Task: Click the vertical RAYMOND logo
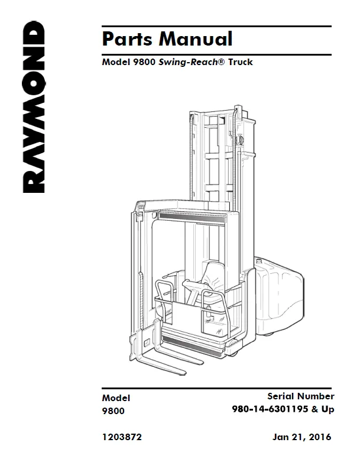34,107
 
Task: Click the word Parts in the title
128,39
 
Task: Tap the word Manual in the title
196,39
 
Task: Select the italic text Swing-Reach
188,62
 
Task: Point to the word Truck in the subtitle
241,62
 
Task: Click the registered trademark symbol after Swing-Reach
222,62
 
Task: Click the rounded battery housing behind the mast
278,296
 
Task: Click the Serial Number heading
301,396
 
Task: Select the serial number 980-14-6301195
270,409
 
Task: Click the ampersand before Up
314,409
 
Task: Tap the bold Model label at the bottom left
116,398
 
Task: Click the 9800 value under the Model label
113,411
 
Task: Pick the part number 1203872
122,437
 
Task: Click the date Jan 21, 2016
301,437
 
